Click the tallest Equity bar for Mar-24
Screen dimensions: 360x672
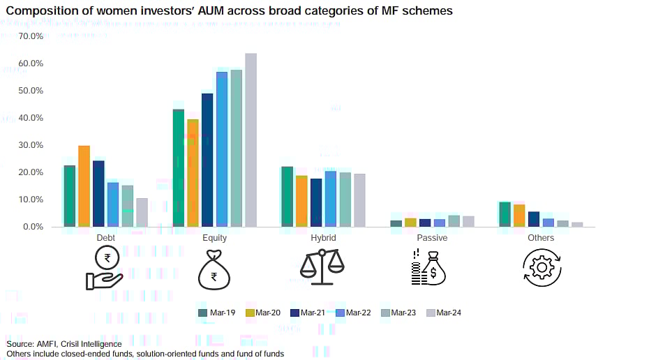[251, 140]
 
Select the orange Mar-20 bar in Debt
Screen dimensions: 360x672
[84, 186]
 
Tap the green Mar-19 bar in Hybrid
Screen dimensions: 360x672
[287, 197]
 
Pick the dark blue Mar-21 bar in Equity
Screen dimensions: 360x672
[207, 160]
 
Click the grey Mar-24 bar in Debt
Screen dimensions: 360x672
[142, 213]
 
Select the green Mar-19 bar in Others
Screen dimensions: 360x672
[505, 214]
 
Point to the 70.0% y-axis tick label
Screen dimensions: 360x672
[31, 36]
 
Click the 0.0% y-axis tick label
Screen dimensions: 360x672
[33, 227]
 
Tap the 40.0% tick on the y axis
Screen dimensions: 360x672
[31, 118]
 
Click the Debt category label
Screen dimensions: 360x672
[105, 238]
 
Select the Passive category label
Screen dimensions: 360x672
[433, 238]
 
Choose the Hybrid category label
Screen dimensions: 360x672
[323, 238]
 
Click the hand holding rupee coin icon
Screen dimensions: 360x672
[105, 269]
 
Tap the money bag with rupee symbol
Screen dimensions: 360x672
[214, 269]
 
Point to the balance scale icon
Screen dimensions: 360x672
[322, 265]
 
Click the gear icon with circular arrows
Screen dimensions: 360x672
[542, 267]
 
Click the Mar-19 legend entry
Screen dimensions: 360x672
[216, 313]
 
